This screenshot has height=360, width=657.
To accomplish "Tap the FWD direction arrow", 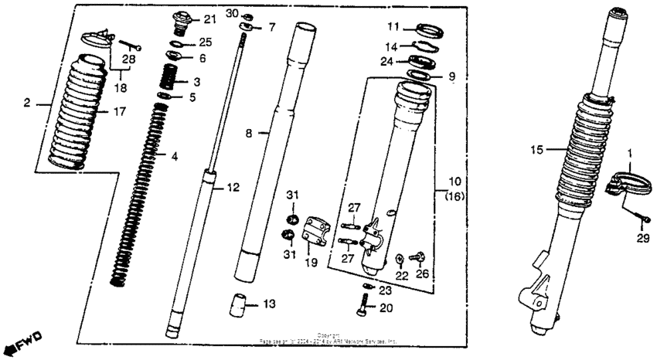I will [24, 341].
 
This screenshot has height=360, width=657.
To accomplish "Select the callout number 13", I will [268, 305].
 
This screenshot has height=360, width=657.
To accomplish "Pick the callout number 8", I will [250, 133].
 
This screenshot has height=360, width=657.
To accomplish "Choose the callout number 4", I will [175, 156].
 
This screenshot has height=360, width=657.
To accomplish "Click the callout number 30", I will [233, 14].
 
